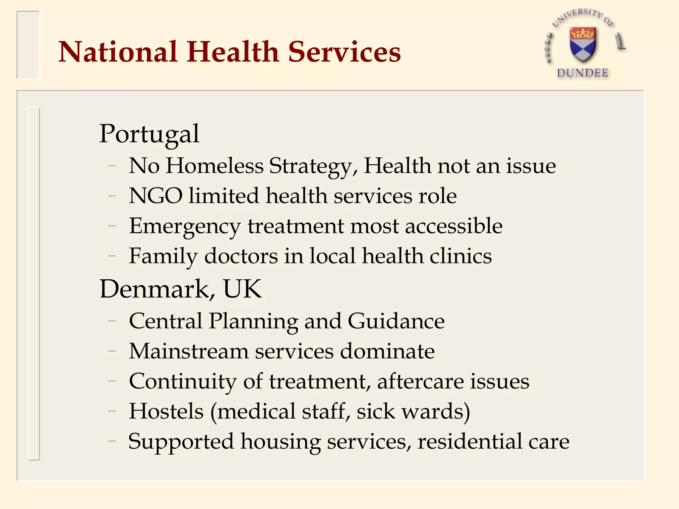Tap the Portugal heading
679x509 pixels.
pos(149,134)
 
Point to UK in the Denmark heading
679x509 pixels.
pos(242,289)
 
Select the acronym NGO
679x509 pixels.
pos(155,196)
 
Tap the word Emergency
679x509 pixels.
pos(185,227)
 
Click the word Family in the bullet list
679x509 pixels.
pos(163,256)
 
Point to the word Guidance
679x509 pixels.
pos(396,321)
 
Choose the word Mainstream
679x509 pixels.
pos(189,351)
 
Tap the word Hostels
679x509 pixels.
pos(166,411)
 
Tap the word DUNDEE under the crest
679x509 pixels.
pos(583,73)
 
